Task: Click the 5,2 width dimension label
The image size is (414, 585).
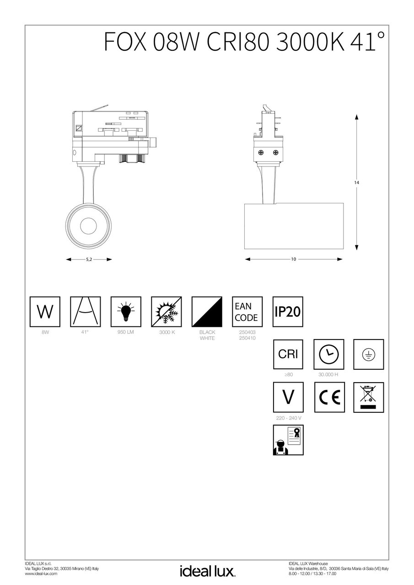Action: (x=89, y=259)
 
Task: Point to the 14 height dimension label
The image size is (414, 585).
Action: (x=356, y=182)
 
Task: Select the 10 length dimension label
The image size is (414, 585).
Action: (x=293, y=259)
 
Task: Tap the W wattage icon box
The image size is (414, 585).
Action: (x=45, y=312)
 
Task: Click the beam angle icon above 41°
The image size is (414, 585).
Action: (x=85, y=312)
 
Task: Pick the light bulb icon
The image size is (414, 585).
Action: (x=126, y=312)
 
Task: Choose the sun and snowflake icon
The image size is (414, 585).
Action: (x=167, y=312)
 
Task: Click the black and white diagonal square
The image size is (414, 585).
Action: (x=207, y=312)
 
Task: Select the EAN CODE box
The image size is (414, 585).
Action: (x=247, y=312)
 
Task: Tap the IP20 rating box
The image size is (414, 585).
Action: (x=288, y=312)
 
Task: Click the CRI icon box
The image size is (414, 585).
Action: (x=288, y=354)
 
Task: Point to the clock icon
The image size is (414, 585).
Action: (x=328, y=354)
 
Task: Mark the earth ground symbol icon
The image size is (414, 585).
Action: (x=369, y=354)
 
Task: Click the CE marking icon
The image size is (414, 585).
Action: (x=328, y=397)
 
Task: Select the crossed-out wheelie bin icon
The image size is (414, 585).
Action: (x=369, y=397)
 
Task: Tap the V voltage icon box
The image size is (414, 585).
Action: (x=288, y=397)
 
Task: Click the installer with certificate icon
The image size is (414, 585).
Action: (x=288, y=440)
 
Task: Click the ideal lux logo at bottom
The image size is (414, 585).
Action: (x=207, y=571)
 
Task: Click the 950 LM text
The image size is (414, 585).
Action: (x=126, y=333)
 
